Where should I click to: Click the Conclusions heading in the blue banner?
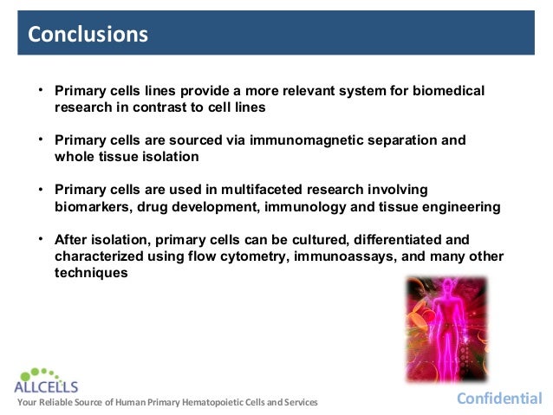[x=88, y=35]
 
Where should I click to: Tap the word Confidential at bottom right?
[x=499, y=399]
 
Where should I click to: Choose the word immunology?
[x=333, y=206]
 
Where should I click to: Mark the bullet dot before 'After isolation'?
[x=40, y=238]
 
